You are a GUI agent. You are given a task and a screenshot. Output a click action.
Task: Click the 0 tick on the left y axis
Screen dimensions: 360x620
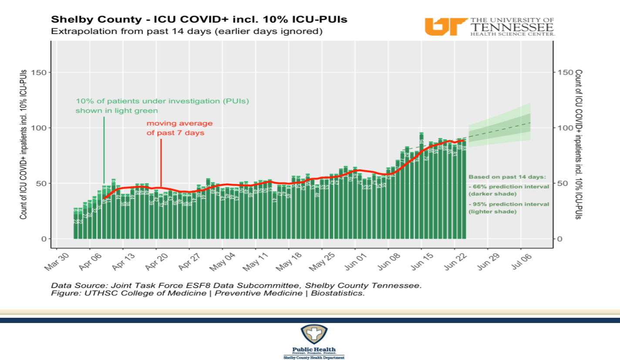click(44, 239)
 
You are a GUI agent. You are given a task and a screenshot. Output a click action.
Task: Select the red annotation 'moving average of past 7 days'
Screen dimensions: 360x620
click(179, 128)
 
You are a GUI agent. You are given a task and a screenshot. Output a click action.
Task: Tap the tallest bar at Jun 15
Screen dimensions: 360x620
click(421, 187)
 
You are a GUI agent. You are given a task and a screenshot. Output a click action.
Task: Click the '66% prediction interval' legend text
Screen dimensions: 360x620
click(508, 190)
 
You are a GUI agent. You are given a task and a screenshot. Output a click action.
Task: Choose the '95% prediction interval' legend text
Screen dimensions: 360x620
click(508, 208)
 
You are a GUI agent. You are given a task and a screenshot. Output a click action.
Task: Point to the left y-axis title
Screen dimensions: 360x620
click(23, 144)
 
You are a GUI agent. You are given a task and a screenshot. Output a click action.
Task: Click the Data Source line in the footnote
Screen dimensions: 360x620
click(236, 286)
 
